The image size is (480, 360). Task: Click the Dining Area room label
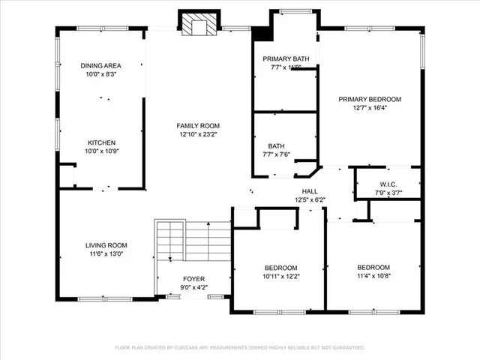coord(101,66)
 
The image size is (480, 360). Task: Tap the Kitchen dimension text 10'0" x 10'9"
coord(101,151)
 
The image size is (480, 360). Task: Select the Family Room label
coord(198,126)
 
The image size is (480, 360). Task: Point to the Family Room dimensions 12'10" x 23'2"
coord(198,135)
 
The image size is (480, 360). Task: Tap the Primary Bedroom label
coord(370,99)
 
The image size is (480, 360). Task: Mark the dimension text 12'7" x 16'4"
coord(370,107)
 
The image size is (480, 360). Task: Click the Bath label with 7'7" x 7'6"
coord(276,146)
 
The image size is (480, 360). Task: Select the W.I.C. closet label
coord(388,184)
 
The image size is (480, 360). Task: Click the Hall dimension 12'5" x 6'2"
coord(309,199)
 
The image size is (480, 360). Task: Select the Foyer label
coord(193,279)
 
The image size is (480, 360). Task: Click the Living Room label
coord(106,245)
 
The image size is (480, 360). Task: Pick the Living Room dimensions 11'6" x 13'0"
coord(106,253)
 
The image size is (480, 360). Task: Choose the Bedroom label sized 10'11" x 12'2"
coord(281,268)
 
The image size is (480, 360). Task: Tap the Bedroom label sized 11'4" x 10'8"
coord(373,268)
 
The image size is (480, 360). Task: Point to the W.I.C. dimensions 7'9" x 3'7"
coord(388,193)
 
